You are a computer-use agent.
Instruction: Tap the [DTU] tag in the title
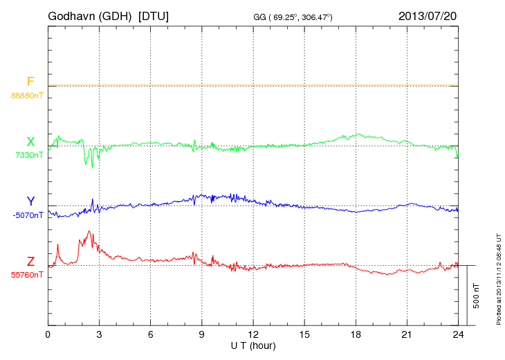pos(153,16)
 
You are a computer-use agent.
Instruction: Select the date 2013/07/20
pos(428,16)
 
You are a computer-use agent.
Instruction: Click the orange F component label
pos(30,82)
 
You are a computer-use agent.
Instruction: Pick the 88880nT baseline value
pos(27,95)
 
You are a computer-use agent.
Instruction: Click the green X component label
pos(30,142)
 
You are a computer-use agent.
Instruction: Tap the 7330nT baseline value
pos(29,155)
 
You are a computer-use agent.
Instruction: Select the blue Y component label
pos(30,201)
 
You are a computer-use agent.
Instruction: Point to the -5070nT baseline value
pos(28,215)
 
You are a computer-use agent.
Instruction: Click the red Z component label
pos(30,262)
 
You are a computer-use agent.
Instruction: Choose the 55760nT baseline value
pos(27,275)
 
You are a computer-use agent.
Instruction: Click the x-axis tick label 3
pos(100,334)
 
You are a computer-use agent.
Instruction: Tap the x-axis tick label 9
pos(202,334)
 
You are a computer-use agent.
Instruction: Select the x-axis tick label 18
pos(356,334)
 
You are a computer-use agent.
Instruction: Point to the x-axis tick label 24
pos(459,334)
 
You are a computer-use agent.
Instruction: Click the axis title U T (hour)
pos(253,345)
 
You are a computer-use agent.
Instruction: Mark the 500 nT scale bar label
pos(476,296)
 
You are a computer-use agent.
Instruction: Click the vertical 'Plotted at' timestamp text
pos(498,277)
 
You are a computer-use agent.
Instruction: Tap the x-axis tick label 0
pos(48,334)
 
